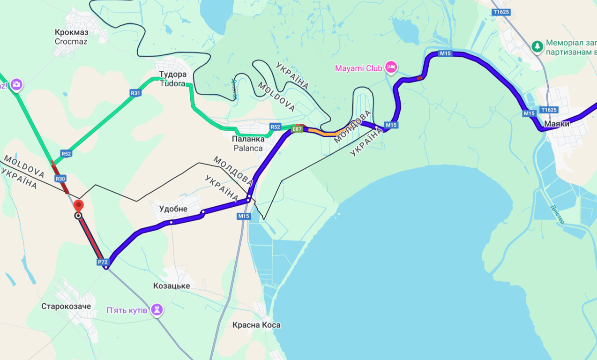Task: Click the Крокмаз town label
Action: tap(71, 32)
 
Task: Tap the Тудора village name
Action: tap(172, 75)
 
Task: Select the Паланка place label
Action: tap(247, 139)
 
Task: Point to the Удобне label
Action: tap(173, 209)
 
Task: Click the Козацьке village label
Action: tap(172, 286)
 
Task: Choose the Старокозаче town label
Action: tap(66, 307)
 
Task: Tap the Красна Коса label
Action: tap(256, 325)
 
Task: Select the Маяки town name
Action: tap(557, 124)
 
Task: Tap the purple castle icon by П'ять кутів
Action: tap(157, 310)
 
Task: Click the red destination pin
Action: tap(79, 205)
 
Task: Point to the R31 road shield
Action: tap(135, 93)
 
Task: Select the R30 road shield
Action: tap(60, 179)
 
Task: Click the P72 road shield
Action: tap(103, 262)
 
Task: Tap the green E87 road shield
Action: tap(297, 129)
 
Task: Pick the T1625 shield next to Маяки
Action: tap(549, 110)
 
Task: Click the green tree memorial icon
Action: tap(537, 46)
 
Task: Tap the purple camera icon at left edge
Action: tap(16, 84)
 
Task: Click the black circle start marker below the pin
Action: tap(78, 216)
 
